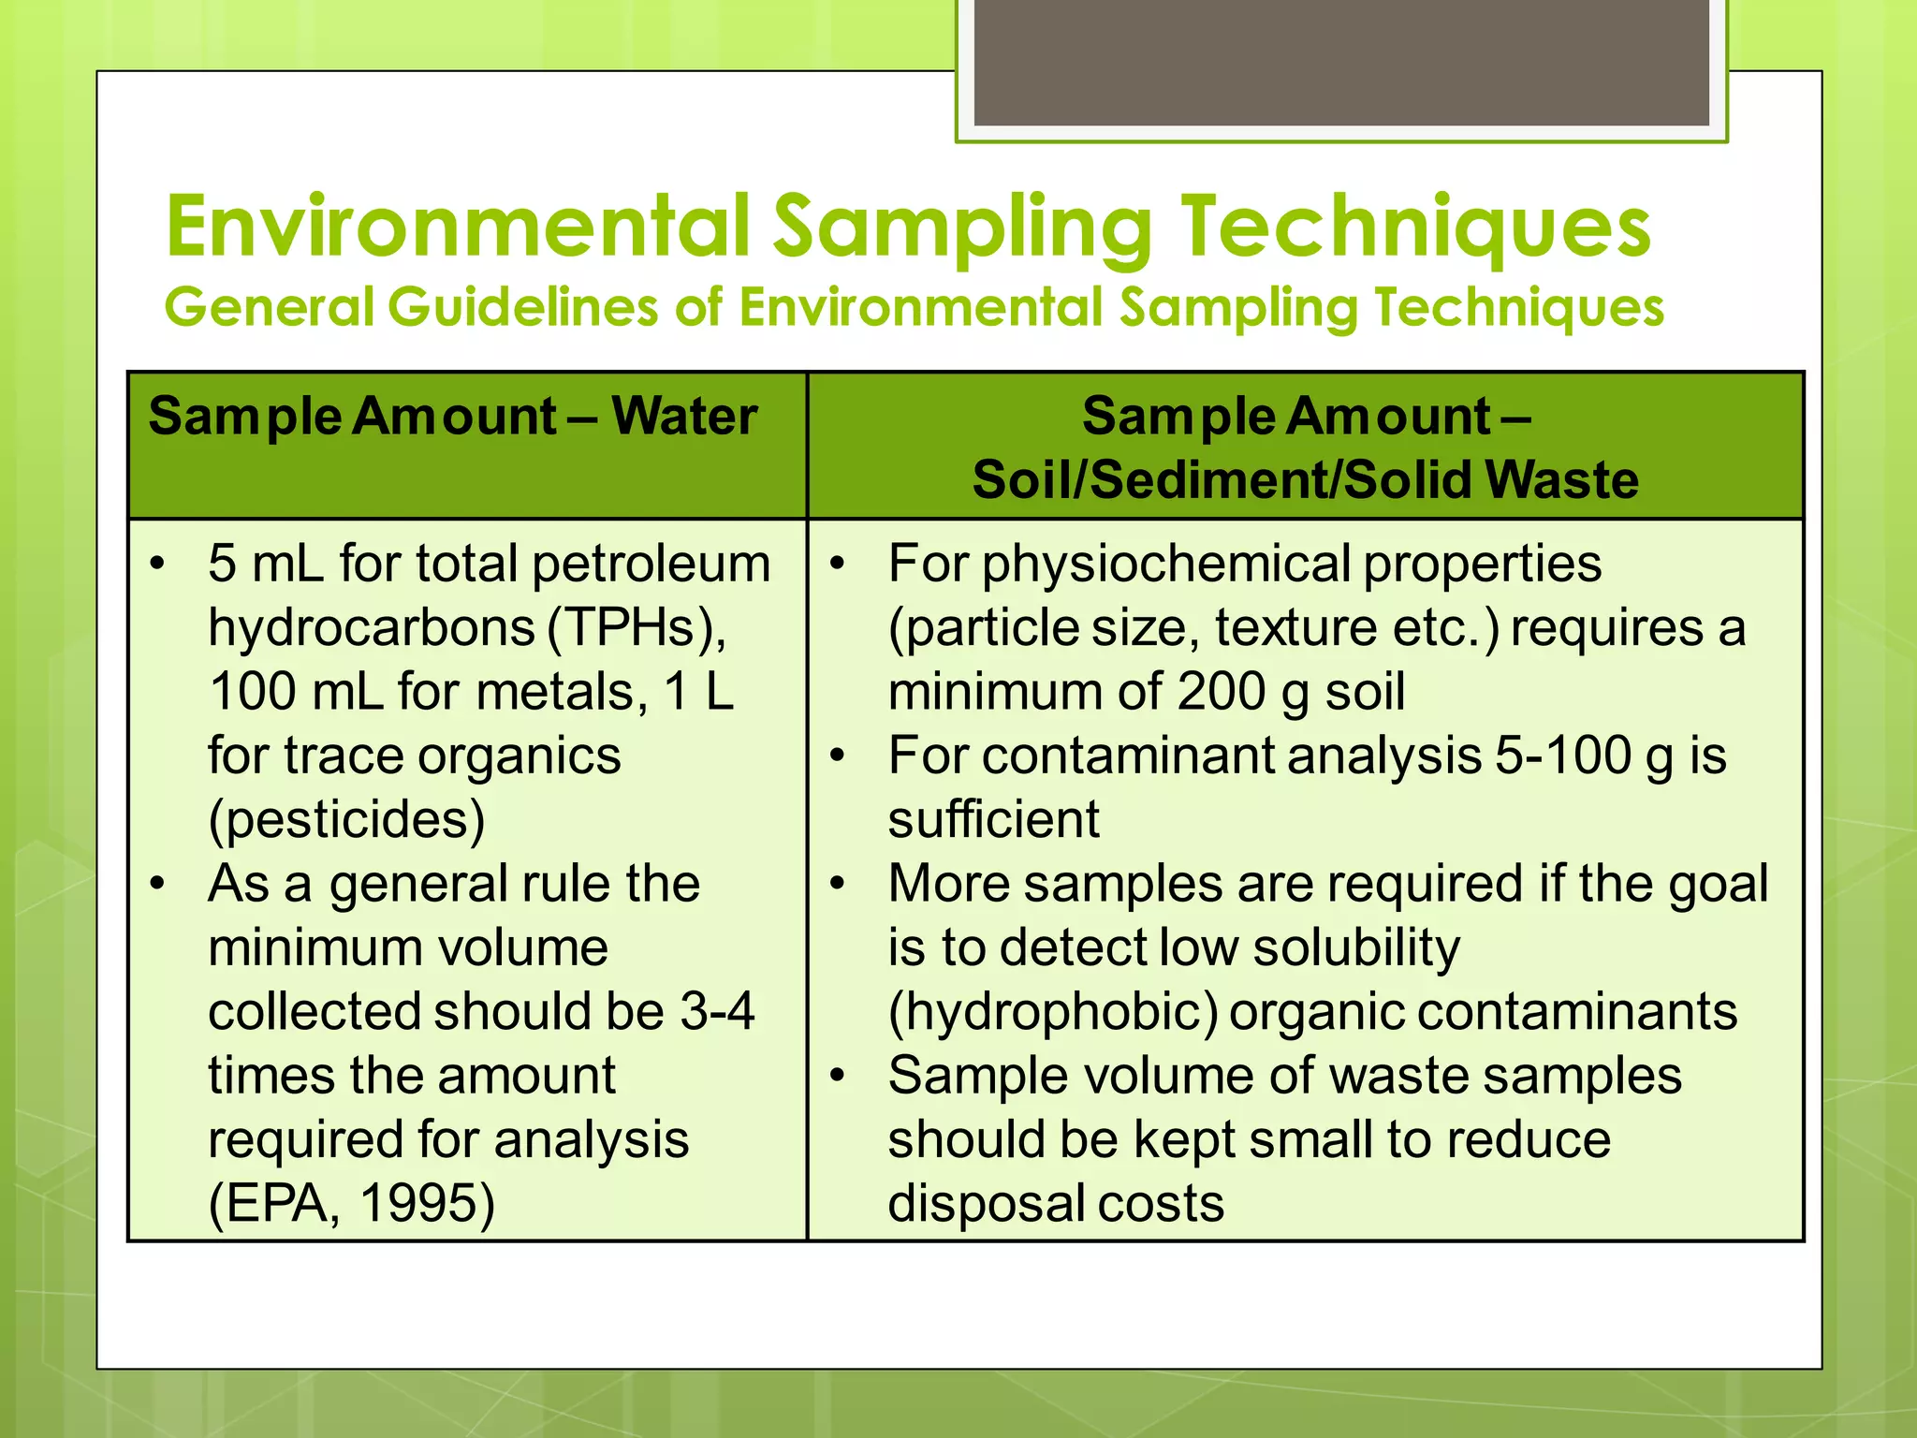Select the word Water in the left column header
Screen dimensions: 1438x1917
(x=684, y=416)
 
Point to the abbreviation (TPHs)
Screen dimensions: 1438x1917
(x=636, y=627)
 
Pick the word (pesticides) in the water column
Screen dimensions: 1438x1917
(x=346, y=819)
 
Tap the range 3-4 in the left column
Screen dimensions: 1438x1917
(x=717, y=1011)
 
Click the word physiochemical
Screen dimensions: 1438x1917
(x=1165, y=564)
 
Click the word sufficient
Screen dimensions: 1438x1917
(x=993, y=819)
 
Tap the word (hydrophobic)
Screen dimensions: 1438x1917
(x=1053, y=1011)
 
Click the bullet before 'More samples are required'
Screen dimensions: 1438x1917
(x=839, y=883)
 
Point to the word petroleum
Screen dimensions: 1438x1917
(x=651, y=564)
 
